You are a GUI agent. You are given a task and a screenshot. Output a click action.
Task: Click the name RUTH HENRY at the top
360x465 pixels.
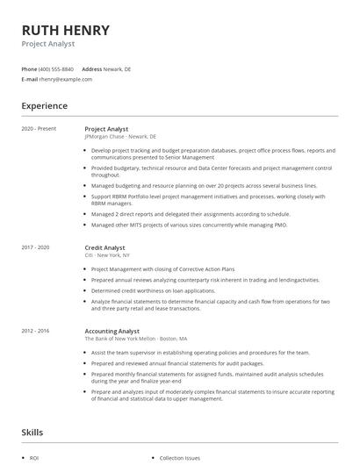[66, 30]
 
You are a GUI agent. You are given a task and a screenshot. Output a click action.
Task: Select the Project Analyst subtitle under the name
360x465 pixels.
[48, 43]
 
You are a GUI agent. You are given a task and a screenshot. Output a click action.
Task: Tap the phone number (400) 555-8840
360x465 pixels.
[56, 68]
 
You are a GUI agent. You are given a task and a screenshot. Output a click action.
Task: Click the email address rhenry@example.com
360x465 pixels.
[65, 79]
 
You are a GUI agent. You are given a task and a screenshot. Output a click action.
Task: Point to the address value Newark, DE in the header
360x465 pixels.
[118, 68]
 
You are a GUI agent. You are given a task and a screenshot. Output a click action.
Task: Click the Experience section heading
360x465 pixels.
[44, 106]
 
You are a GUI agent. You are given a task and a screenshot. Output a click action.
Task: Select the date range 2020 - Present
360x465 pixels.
[39, 129]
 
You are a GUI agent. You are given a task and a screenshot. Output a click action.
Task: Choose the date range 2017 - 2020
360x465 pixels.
[37, 248]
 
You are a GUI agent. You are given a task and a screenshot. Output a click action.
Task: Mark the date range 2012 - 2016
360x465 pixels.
[37, 331]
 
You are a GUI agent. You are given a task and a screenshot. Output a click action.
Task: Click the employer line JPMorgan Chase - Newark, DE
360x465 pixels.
[120, 137]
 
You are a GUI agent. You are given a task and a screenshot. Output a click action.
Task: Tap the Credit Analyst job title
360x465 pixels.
[105, 248]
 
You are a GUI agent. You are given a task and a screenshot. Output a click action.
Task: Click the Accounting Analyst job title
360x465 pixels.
[112, 331]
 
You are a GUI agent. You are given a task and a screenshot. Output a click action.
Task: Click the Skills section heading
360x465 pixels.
[32, 432]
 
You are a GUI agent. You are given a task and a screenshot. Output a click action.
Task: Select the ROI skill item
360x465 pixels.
[34, 458]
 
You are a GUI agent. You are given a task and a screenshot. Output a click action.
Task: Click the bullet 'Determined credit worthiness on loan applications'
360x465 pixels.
[153, 290]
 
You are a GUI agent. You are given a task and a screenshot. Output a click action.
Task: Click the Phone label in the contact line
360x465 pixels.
[29, 68]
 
